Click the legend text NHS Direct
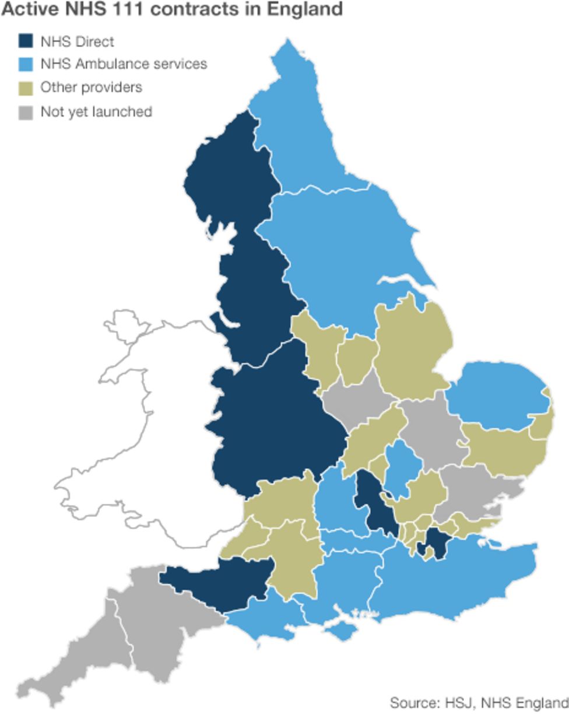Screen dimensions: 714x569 [x=77, y=41]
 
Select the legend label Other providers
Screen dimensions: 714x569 [x=91, y=87]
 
